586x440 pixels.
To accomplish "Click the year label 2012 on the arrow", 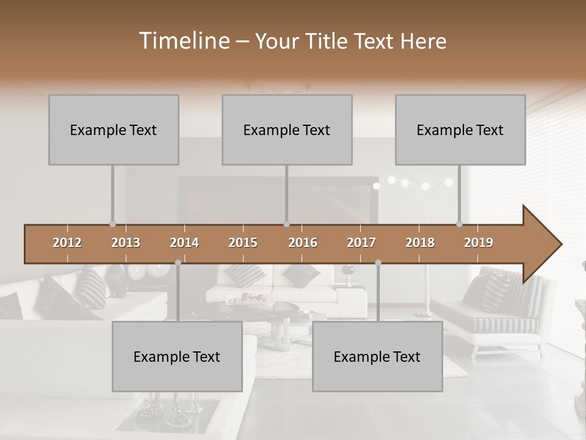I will click(67, 243).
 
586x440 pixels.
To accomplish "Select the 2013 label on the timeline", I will click(126, 243).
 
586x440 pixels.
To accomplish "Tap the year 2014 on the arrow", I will click(184, 243).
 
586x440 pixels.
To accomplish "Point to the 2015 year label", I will click(243, 243).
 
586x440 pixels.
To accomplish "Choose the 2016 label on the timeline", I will click(303, 243).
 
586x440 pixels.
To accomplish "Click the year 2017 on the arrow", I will click(361, 243).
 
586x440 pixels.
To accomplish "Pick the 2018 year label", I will click(420, 243).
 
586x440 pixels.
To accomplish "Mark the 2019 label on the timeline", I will click(479, 243).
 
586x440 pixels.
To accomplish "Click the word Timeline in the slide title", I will click(183, 41).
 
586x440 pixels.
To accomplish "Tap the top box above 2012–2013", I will click(114, 130).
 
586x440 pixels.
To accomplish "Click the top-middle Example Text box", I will click(287, 130).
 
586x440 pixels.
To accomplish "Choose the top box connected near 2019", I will click(460, 130).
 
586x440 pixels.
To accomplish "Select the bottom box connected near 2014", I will click(177, 356).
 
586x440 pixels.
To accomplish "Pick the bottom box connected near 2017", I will click(377, 356).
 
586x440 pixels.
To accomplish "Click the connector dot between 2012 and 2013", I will click(112, 224).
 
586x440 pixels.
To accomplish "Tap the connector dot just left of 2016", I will click(287, 224).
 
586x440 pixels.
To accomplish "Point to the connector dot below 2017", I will click(378, 262).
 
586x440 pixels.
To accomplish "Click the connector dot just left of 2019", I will click(460, 224).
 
